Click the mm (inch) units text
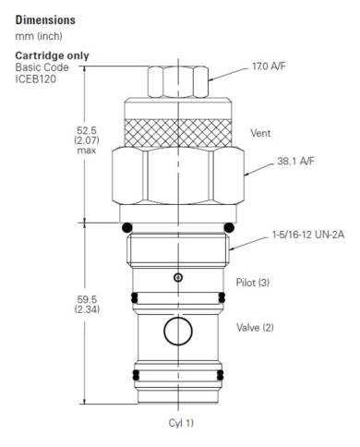[x=35, y=36]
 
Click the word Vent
[x=260, y=133]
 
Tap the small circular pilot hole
[x=178, y=277]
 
